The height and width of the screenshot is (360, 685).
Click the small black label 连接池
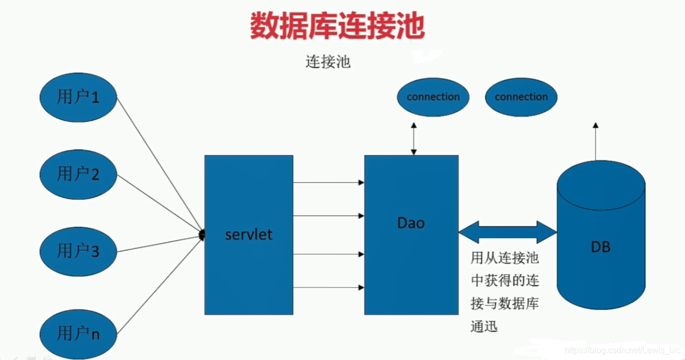tap(328, 62)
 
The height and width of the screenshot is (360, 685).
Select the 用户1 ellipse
tap(78, 98)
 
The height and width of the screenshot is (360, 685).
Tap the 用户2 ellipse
tap(78, 175)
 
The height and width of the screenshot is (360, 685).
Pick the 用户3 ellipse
tap(78, 251)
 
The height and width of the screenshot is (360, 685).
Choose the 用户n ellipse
tap(78, 334)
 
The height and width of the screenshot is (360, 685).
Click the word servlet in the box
tap(248, 234)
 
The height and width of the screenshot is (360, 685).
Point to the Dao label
tap(411, 223)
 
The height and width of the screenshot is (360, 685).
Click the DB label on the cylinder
tap(600, 247)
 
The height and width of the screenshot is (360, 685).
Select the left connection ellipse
tap(433, 97)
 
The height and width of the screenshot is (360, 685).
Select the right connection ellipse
tap(521, 97)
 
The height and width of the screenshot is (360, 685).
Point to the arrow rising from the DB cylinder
tap(595, 142)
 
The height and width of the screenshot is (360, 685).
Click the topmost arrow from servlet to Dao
tap(328, 183)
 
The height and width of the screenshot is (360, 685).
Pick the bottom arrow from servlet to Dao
tap(328, 287)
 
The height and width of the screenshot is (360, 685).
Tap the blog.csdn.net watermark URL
tap(623, 350)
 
